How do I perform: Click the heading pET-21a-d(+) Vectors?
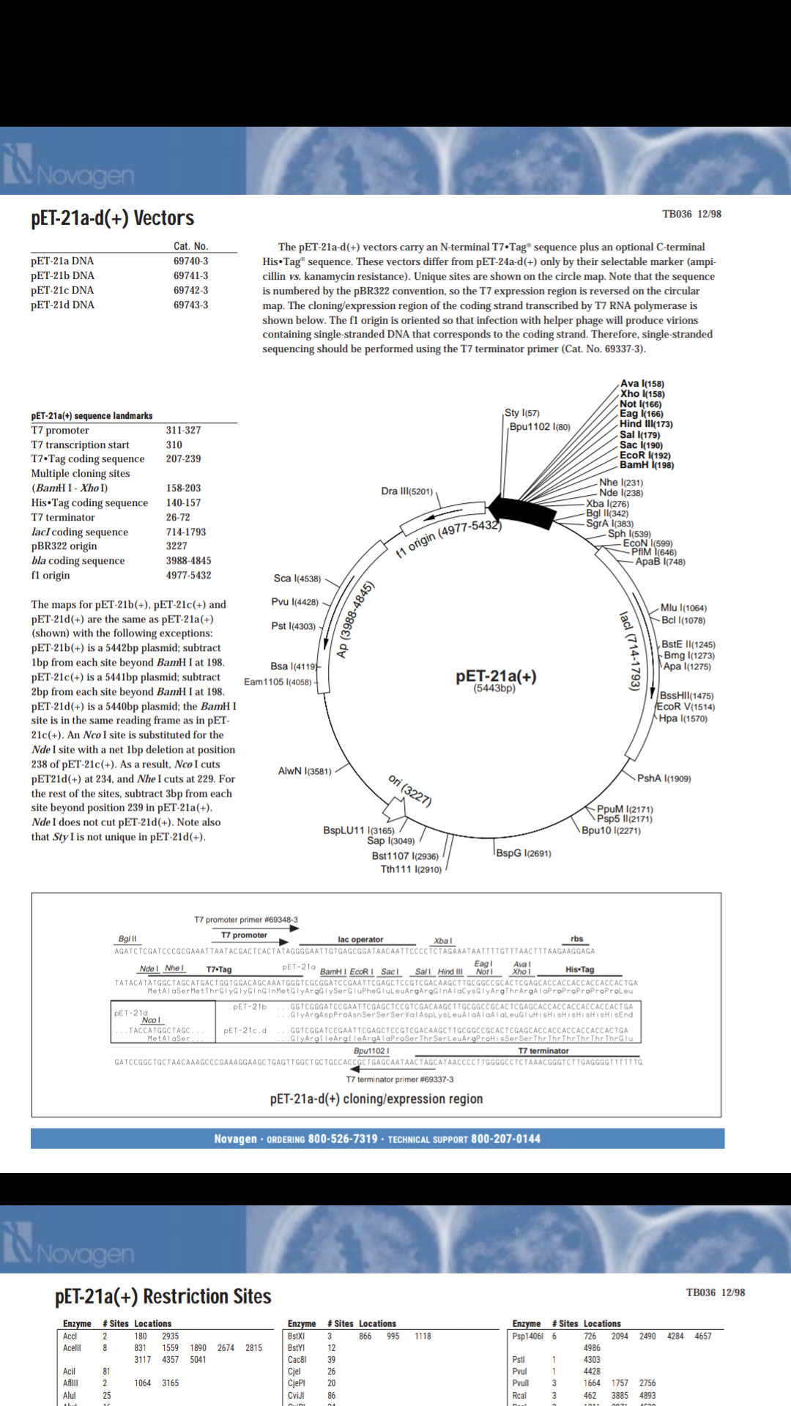[112, 218]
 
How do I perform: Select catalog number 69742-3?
[190, 290]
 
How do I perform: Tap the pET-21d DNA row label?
[62, 305]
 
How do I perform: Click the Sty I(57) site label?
[521, 413]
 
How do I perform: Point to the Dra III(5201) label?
[406, 491]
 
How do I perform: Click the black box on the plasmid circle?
[522, 510]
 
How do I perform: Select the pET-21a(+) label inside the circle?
[496, 676]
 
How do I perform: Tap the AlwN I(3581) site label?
[305, 771]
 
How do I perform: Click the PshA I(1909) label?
[664, 778]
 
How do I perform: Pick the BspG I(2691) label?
[524, 853]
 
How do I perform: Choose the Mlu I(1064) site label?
[683, 608]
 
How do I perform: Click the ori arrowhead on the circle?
[395, 808]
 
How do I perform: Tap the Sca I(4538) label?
[297, 579]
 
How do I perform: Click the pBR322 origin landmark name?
[64, 546]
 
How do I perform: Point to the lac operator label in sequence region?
[360, 940]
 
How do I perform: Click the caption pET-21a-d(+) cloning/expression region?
[376, 1099]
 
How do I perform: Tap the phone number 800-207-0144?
[505, 1139]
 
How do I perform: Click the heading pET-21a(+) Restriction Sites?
[163, 1297]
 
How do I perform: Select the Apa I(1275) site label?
[687, 666]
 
